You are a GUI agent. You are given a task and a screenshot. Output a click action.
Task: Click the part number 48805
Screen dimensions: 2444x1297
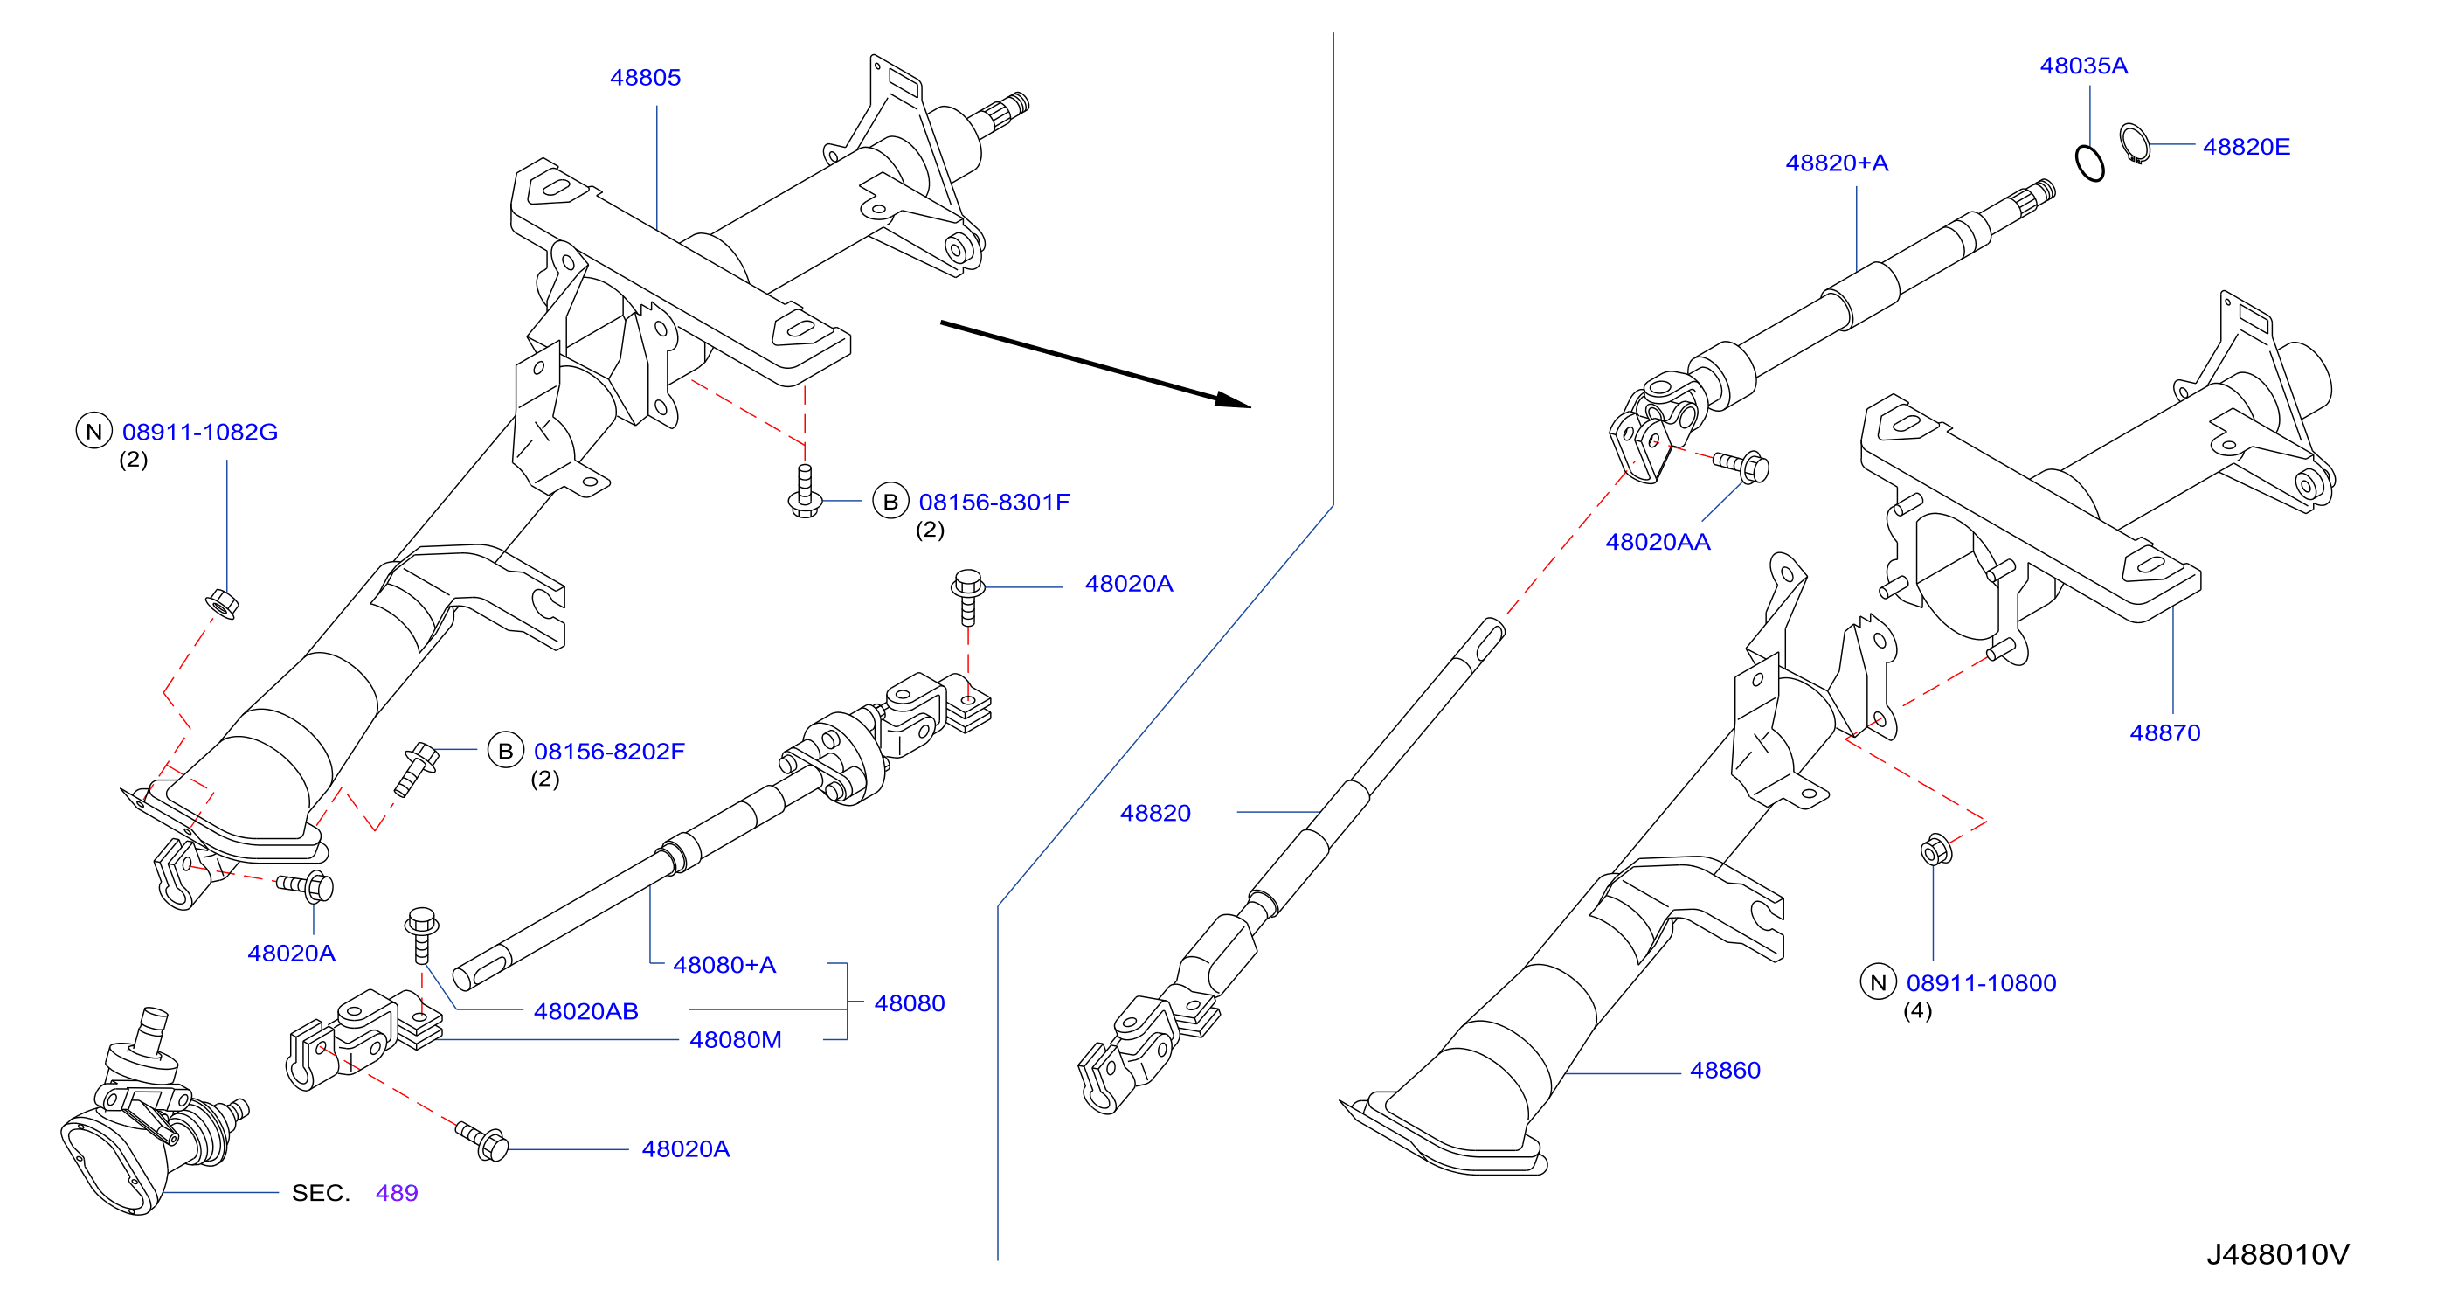coord(645,77)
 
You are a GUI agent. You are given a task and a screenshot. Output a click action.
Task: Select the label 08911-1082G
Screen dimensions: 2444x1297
coord(200,432)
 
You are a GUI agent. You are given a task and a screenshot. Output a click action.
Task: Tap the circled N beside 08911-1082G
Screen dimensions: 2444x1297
coord(93,432)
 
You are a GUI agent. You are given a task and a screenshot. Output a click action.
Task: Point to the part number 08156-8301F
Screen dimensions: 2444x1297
coord(994,502)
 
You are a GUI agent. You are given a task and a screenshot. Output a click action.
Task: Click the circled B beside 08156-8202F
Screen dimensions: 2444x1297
coord(506,751)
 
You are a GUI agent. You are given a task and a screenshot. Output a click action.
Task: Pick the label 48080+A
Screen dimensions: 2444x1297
coord(725,965)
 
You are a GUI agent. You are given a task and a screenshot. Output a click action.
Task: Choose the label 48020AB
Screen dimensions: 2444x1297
coord(586,1011)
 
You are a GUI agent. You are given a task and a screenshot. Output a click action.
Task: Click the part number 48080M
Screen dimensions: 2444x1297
coord(737,1040)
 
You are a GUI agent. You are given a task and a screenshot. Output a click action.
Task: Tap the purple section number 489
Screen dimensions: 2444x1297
coord(397,1193)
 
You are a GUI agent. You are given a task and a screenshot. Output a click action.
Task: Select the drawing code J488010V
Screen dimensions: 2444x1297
coord(2278,1254)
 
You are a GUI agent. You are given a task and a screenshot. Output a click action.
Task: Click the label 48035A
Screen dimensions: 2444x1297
coord(2084,66)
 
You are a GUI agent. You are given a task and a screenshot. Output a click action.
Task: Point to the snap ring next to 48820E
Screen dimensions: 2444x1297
coord(2135,143)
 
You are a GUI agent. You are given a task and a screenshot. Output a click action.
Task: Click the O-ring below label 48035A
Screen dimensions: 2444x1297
coord(2089,163)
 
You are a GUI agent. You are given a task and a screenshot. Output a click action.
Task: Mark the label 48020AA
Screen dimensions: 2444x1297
coord(1658,542)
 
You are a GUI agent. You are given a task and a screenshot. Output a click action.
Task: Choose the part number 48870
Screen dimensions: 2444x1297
coord(2165,732)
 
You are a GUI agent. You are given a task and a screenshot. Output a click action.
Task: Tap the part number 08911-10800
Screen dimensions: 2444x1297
coord(1982,983)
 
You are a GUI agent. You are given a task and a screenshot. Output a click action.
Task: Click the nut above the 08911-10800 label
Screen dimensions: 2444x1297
coord(1935,850)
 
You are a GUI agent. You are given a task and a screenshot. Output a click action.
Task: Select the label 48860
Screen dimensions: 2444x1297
coord(1726,1071)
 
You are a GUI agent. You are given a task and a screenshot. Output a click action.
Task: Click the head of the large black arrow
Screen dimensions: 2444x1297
coord(1234,400)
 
